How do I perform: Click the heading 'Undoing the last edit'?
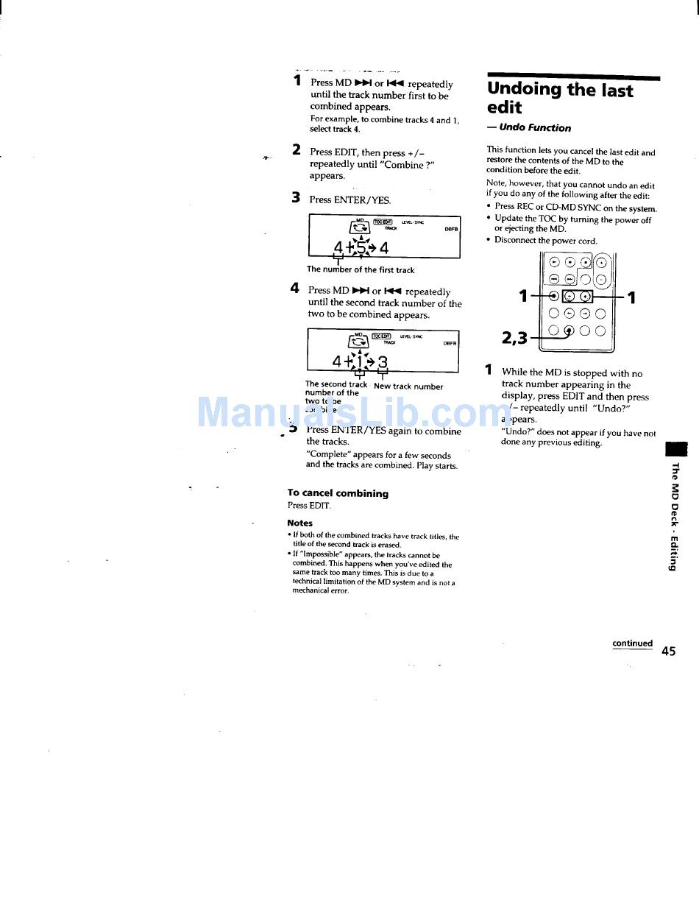tap(559, 99)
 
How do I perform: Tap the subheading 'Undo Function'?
tap(535, 128)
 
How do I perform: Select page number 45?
tap(668, 651)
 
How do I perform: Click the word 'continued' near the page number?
tap(632, 643)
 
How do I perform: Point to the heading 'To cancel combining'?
tap(338, 493)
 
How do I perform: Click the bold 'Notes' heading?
tap(299, 523)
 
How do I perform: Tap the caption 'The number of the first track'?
tap(361, 270)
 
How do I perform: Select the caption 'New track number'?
tap(408, 386)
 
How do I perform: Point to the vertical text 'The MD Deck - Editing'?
tap(673, 517)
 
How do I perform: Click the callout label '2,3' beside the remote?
tap(515, 338)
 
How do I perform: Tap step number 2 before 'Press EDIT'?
tap(296, 150)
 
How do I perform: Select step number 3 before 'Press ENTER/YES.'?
tap(296, 197)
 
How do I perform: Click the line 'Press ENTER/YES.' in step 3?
tap(350, 199)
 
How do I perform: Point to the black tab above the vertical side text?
tap(675, 449)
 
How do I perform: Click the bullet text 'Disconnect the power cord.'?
tap(545, 241)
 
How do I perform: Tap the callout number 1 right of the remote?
tap(631, 297)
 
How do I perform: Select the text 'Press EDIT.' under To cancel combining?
tap(309, 506)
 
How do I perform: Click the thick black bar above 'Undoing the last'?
tap(573, 77)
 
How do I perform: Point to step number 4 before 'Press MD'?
tap(294, 289)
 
